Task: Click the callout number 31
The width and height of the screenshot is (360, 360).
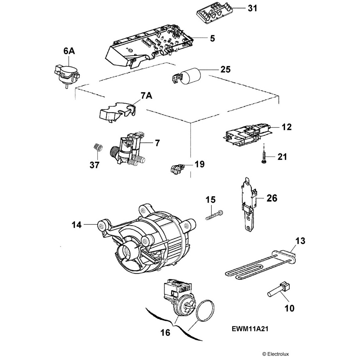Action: point(252,8)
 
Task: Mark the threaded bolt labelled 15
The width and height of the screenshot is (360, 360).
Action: point(214,214)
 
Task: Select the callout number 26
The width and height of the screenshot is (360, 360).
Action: point(272,198)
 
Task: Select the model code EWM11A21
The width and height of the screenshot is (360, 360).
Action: point(251,330)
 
